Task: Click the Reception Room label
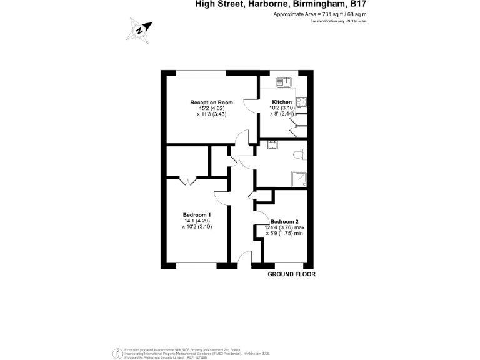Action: click(x=212, y=102)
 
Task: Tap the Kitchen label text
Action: click(x=281, y=102)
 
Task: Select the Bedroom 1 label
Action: click(x=197, y=215)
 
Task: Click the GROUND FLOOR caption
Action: click(x=291, y=274)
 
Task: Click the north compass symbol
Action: click(x=141, y=29)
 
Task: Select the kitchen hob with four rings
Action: click(x=301, y=102)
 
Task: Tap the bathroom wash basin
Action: click(x=272, y=144)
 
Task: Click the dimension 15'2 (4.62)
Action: click(x=212, y=108)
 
